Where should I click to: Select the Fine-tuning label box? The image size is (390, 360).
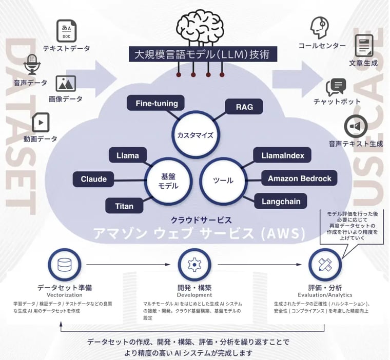pos(157,104)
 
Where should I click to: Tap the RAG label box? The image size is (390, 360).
pos(244,107)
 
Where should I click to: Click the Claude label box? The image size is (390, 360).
pos(94,179)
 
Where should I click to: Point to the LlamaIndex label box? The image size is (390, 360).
pos(282,155)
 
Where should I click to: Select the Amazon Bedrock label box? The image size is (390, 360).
pos(299,178)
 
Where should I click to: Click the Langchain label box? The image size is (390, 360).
pos(281,201)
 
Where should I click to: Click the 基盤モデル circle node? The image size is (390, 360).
pos(168,181)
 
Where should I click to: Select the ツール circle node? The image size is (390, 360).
pos(223,181)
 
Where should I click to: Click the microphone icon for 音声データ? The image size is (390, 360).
pos(32,64)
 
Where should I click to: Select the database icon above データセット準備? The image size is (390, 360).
pos(65,265)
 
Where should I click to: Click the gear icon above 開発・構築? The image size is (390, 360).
pos(194,265)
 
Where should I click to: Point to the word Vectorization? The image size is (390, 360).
pos(65,295)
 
